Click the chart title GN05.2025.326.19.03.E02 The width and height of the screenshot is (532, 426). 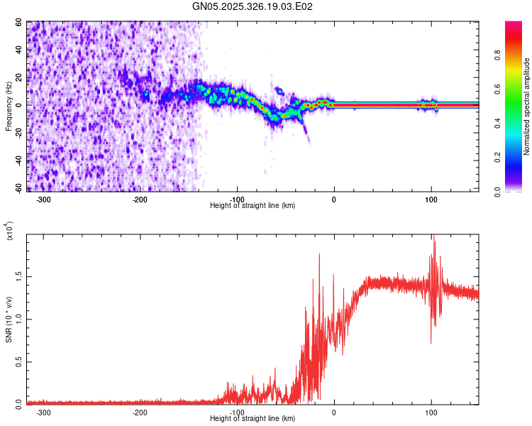[253, 6]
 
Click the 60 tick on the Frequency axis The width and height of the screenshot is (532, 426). [19, 22]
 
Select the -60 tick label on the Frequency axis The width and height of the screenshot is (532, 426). [18, 188]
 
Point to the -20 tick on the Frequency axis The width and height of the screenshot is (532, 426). [18, 133]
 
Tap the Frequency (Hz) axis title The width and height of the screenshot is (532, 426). [9, 106]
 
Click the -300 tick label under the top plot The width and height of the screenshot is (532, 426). [43, 200]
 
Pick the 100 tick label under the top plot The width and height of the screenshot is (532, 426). [431, 200]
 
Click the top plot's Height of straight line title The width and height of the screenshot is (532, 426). [253, 205]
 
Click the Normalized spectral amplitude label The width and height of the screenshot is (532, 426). [527, 106]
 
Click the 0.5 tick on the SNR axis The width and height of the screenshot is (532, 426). [19, 361]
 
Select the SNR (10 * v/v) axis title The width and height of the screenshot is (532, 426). [9, 319]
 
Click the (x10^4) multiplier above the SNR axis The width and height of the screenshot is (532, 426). [9, 231]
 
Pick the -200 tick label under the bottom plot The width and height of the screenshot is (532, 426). [140, 412]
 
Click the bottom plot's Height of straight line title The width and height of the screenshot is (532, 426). [253, 418]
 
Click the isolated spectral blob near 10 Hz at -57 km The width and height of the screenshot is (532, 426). [279, 92]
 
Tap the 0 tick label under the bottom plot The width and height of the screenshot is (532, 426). [334, 412]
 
